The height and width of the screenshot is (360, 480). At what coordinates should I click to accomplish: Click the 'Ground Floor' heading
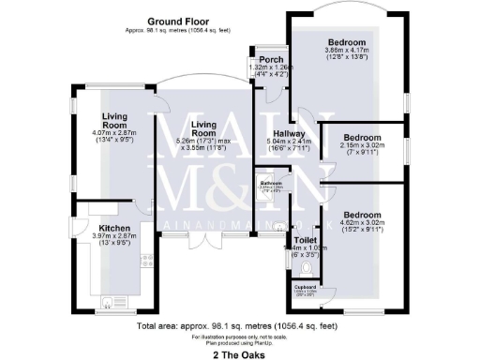pyautogui.click(x=178, y=18)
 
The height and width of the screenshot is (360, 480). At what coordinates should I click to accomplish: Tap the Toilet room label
pyautogui.click(x=305, y=239)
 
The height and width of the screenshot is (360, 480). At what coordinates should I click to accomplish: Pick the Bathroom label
pyautogui.click(x=272, y=181)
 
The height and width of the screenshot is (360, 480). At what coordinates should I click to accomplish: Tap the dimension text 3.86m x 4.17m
pyautogui.click(x=346, y=50)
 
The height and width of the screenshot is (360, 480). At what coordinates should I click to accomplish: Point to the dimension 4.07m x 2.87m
pyautogui.click(x=115, y=133)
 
